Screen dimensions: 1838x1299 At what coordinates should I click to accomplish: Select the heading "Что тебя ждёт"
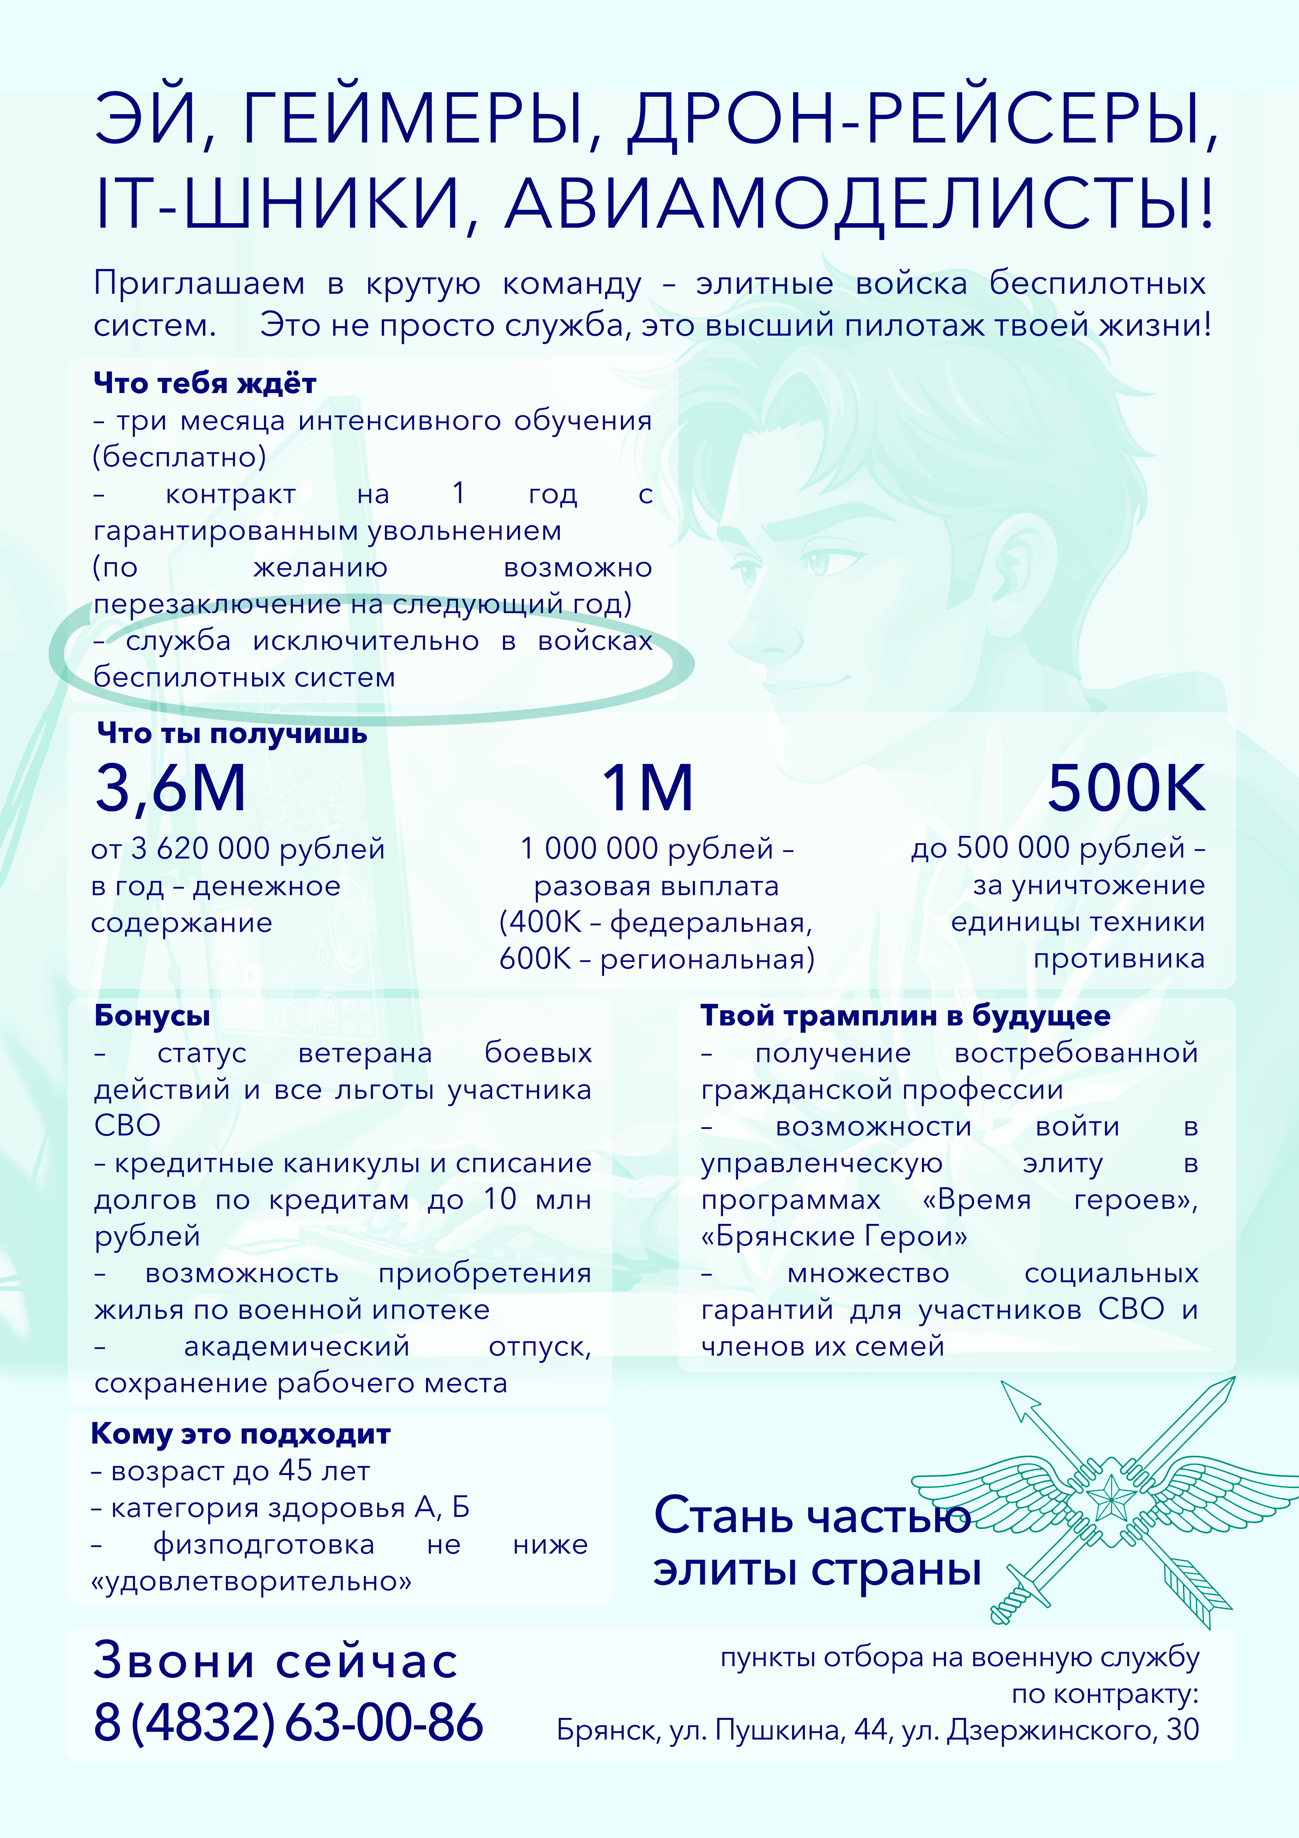tap(205, 384)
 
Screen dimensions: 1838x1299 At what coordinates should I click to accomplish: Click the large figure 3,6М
tap(170, 789)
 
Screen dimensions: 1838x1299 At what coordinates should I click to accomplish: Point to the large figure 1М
tap(647, 789)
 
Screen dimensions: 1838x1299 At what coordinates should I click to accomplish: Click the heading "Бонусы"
tap(152, 1016)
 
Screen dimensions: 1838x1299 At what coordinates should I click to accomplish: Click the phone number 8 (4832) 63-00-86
tap(288, 1723)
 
